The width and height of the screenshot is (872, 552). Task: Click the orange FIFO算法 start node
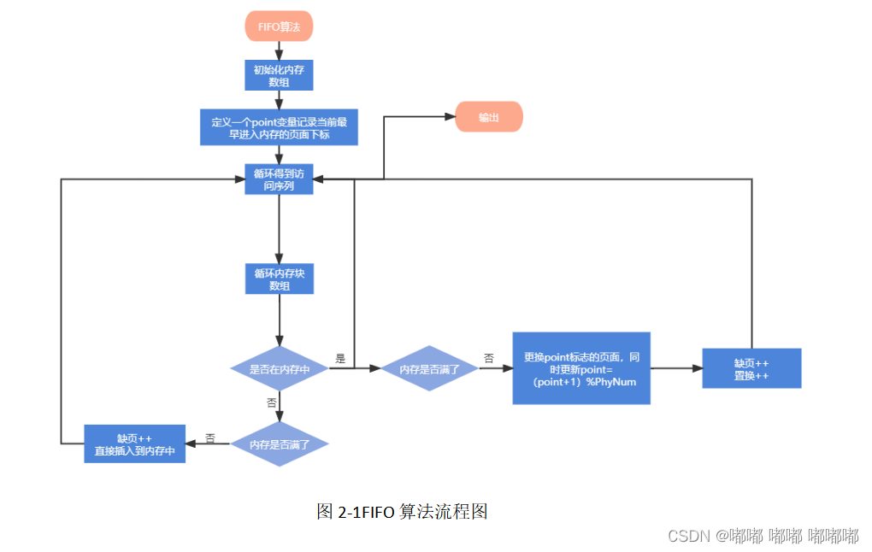tap(279, 26)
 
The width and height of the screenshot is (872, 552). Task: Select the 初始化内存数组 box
tap(279, 76)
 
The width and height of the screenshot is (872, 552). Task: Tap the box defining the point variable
tap(279, 127)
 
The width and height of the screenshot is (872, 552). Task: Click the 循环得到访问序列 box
tap(279, 179)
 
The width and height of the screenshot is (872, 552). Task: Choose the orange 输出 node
tap(488, 117)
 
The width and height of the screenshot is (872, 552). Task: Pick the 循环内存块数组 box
tap(279, 279)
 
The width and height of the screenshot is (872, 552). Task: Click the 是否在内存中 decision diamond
tap(280, 369)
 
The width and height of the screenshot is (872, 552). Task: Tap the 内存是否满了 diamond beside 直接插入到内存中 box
tap(280, 443)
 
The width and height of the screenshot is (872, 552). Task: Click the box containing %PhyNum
tap(580, 368)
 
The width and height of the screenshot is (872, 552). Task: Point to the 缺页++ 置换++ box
tap(751, 368)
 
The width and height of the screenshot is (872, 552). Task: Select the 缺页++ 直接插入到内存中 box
tap(135, 443)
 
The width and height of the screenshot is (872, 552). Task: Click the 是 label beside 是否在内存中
tap(340, 359)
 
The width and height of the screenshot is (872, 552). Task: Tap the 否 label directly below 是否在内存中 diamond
tap(271, 402)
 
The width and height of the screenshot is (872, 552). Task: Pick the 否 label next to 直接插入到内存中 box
tap(209, 437)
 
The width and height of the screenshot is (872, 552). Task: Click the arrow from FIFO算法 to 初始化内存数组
tap(279, 51)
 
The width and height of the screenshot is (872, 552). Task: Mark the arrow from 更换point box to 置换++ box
tap(675, 368)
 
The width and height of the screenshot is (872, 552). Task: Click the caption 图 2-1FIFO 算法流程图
tap(402, 512)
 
